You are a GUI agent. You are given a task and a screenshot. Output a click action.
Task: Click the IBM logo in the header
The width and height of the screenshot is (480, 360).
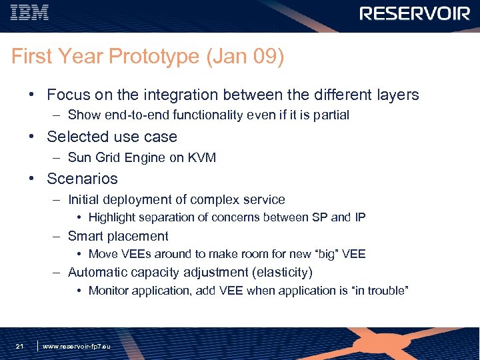(x=30, y=13)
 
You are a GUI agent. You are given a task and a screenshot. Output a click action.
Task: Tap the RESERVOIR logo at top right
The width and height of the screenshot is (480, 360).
(x=415, y=13)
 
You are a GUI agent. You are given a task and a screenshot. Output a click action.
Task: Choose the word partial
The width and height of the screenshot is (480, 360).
(x=329, y=115)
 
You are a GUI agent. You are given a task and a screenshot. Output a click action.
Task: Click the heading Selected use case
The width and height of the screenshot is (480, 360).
(x=112, y=137)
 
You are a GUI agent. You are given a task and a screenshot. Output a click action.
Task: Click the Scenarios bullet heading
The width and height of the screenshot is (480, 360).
(x=82, y=179)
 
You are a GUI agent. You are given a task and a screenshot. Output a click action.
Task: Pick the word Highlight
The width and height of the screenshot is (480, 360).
(x=113, y=217)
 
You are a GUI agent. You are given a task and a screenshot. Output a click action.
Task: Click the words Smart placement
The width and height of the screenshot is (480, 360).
(x=118, y=236)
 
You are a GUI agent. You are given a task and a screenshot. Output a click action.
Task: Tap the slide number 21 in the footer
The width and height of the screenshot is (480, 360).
(x=20, y=346)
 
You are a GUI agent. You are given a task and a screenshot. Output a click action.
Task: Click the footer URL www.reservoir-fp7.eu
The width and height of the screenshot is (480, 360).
(x=77, y=347)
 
